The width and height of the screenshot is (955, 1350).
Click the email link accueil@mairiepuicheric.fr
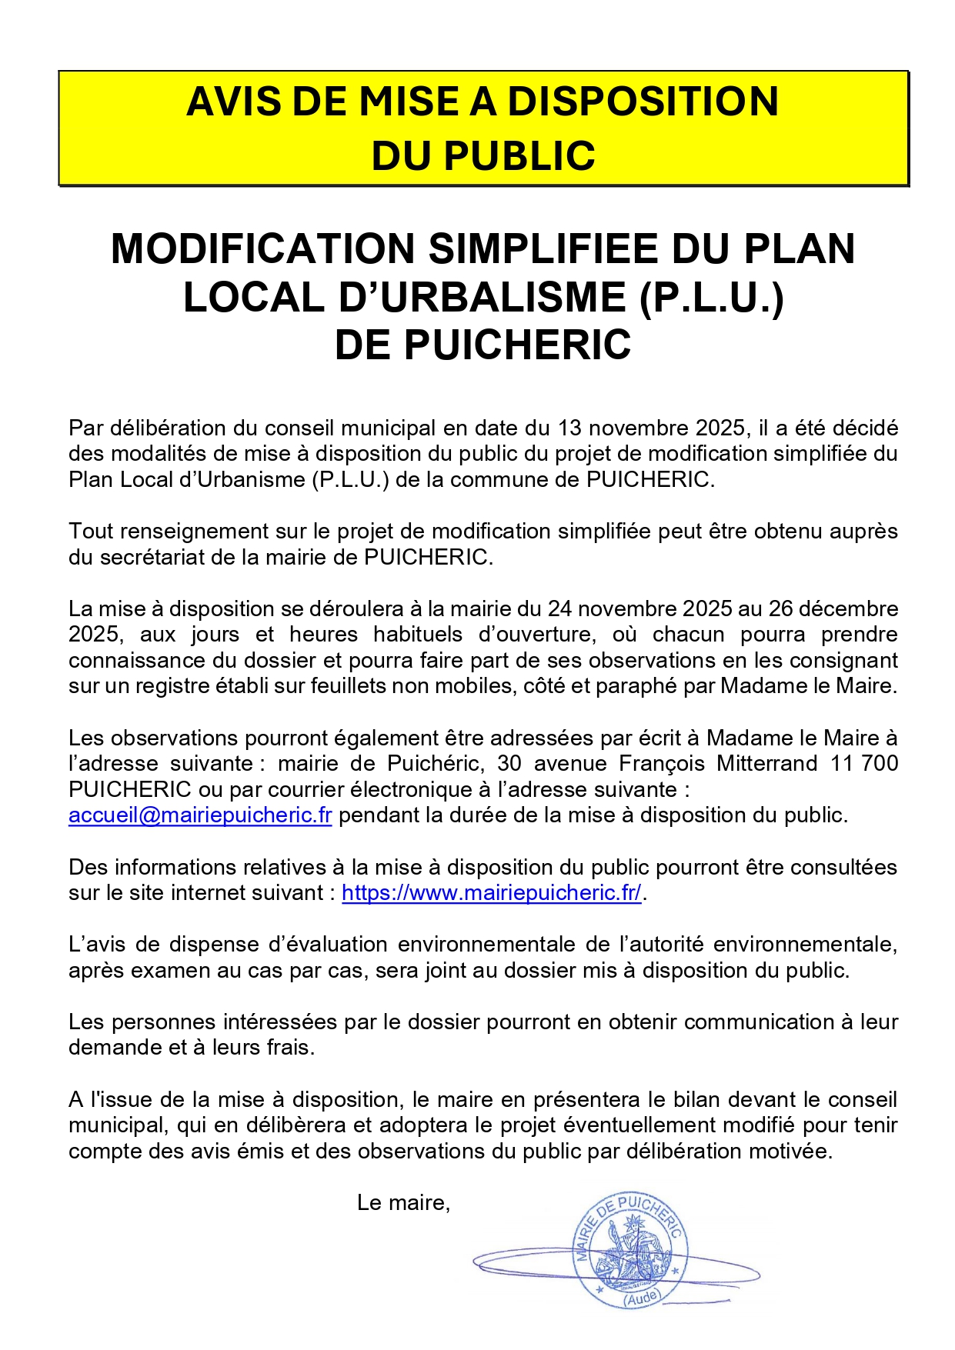pos(200,815)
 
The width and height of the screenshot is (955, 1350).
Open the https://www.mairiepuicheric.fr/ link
pos(491,893)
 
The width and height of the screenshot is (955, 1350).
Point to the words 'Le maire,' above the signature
pos(403,1203)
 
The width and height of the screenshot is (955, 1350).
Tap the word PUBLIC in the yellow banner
pos(520,156)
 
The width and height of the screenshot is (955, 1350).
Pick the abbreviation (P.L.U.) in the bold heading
pos(711,298)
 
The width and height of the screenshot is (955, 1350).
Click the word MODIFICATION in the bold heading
pos(263,249)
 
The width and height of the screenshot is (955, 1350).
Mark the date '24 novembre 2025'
pos(639,609)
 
